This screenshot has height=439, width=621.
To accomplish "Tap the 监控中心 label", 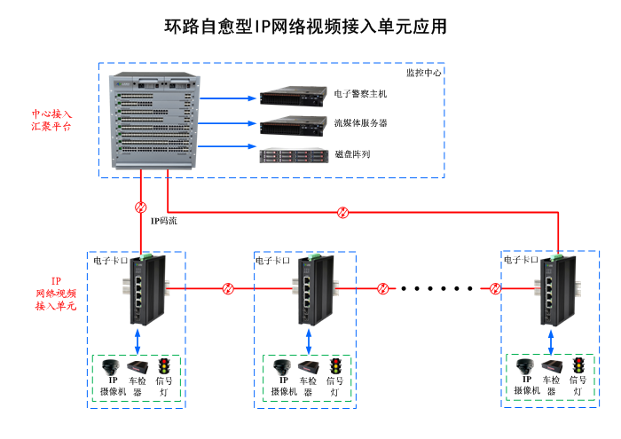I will click(423, 73).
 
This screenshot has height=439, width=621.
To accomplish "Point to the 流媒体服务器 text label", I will click(360, 122).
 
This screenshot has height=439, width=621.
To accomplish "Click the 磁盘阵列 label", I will click(352, 154).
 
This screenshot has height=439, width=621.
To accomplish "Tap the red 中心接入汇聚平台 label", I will click(51, 121).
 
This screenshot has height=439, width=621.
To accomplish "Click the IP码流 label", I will click(163, 220).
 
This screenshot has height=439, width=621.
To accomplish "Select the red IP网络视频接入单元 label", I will click(56, 293).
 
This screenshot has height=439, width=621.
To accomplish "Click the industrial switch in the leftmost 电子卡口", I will click(145, 289).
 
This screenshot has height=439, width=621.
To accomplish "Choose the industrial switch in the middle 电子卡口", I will click(315, 289).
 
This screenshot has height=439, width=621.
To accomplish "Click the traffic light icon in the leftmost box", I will click(164, 365).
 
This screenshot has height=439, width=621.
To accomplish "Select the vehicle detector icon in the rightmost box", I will click(553, 366).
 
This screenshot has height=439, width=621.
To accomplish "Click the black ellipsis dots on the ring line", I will click(437, 288).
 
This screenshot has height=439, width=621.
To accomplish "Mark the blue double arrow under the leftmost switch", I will click(138, 340).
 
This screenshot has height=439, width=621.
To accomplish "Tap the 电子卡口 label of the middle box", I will click(271, 261).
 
